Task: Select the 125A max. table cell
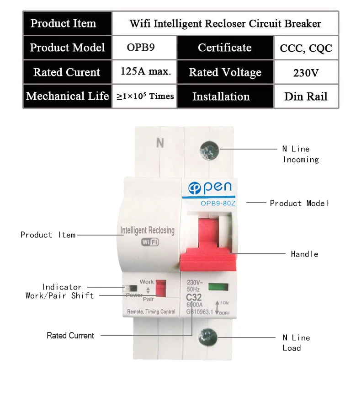coord(144,72)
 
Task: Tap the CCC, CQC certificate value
coord(306,48)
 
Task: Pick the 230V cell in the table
coord(306,72)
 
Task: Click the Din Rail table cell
coord(306,96)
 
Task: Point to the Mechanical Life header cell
coord(68,96)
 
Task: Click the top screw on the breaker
coord(209,150)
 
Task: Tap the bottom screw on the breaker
coord(208,337)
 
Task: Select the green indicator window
coord(218,287)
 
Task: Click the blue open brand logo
coord(210,188)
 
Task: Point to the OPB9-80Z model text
coord(218,203)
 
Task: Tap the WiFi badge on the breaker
coord(150,242)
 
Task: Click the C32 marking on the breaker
coord(194,297)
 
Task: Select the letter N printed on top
coord(160,143)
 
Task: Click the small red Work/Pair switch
coord(161,288)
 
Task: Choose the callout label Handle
coord(305,254)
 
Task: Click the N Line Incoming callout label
coord(301,154)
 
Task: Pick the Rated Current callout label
coord(70,335)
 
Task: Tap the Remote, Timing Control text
coord(151,311)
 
